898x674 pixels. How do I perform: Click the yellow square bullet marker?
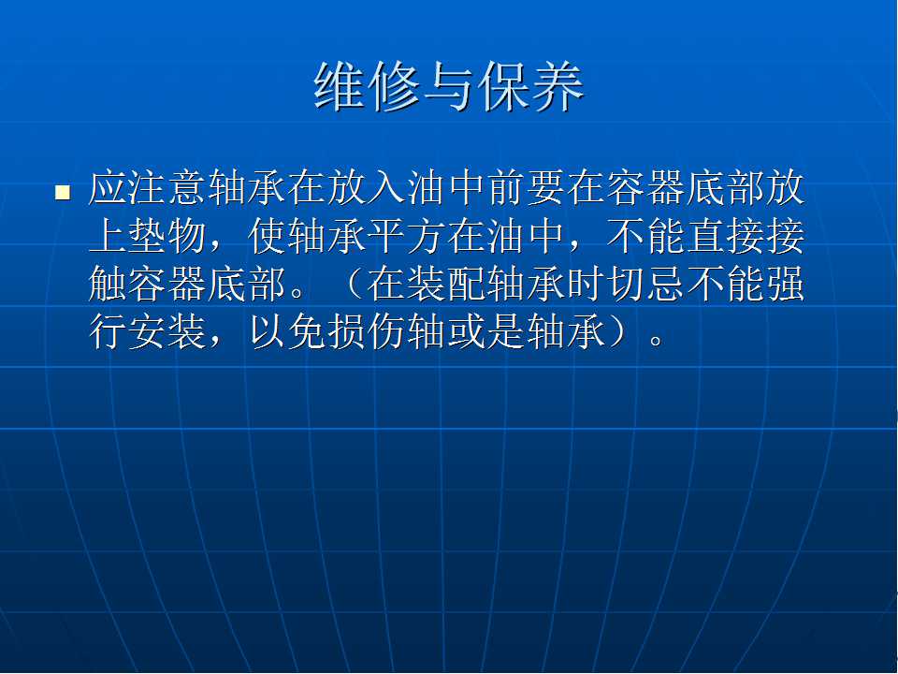[63, 192]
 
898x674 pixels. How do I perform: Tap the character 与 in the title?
[449, 86]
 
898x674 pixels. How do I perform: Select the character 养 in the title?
[558, 86]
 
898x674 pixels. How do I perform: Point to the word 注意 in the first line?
[168, 188]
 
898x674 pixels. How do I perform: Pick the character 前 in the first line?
[507, 188]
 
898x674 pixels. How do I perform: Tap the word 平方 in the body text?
[408, 236]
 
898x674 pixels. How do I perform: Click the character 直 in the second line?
[707, 236]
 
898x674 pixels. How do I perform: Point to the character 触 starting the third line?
[109, 285]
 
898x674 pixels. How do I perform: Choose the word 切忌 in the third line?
[647, 285]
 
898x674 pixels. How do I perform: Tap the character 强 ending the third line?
[787, 285]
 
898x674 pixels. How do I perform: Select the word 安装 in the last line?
[168, 332]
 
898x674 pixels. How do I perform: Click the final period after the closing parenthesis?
[657, 341]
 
